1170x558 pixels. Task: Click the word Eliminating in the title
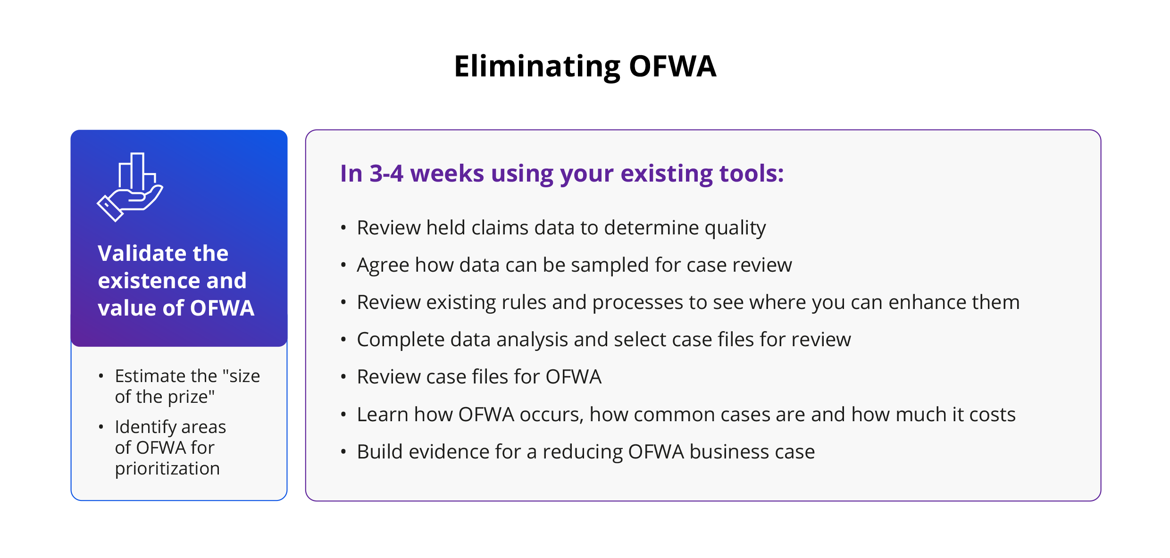(x=537, y=67)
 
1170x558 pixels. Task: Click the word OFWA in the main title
(x=673, y=66)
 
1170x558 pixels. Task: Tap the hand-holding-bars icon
(x=130, y=187)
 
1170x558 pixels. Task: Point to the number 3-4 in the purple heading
(x=386, y=173)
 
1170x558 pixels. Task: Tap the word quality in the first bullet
(x=735, y=228)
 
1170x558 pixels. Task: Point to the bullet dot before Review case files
(x=343, y=377)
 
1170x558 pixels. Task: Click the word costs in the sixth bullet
(x=993, y=415)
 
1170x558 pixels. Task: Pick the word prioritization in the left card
(x=167, y=469)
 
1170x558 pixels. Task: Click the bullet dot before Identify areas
(x=101, y=427)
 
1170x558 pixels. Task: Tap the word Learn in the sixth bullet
(x=383, y=415)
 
